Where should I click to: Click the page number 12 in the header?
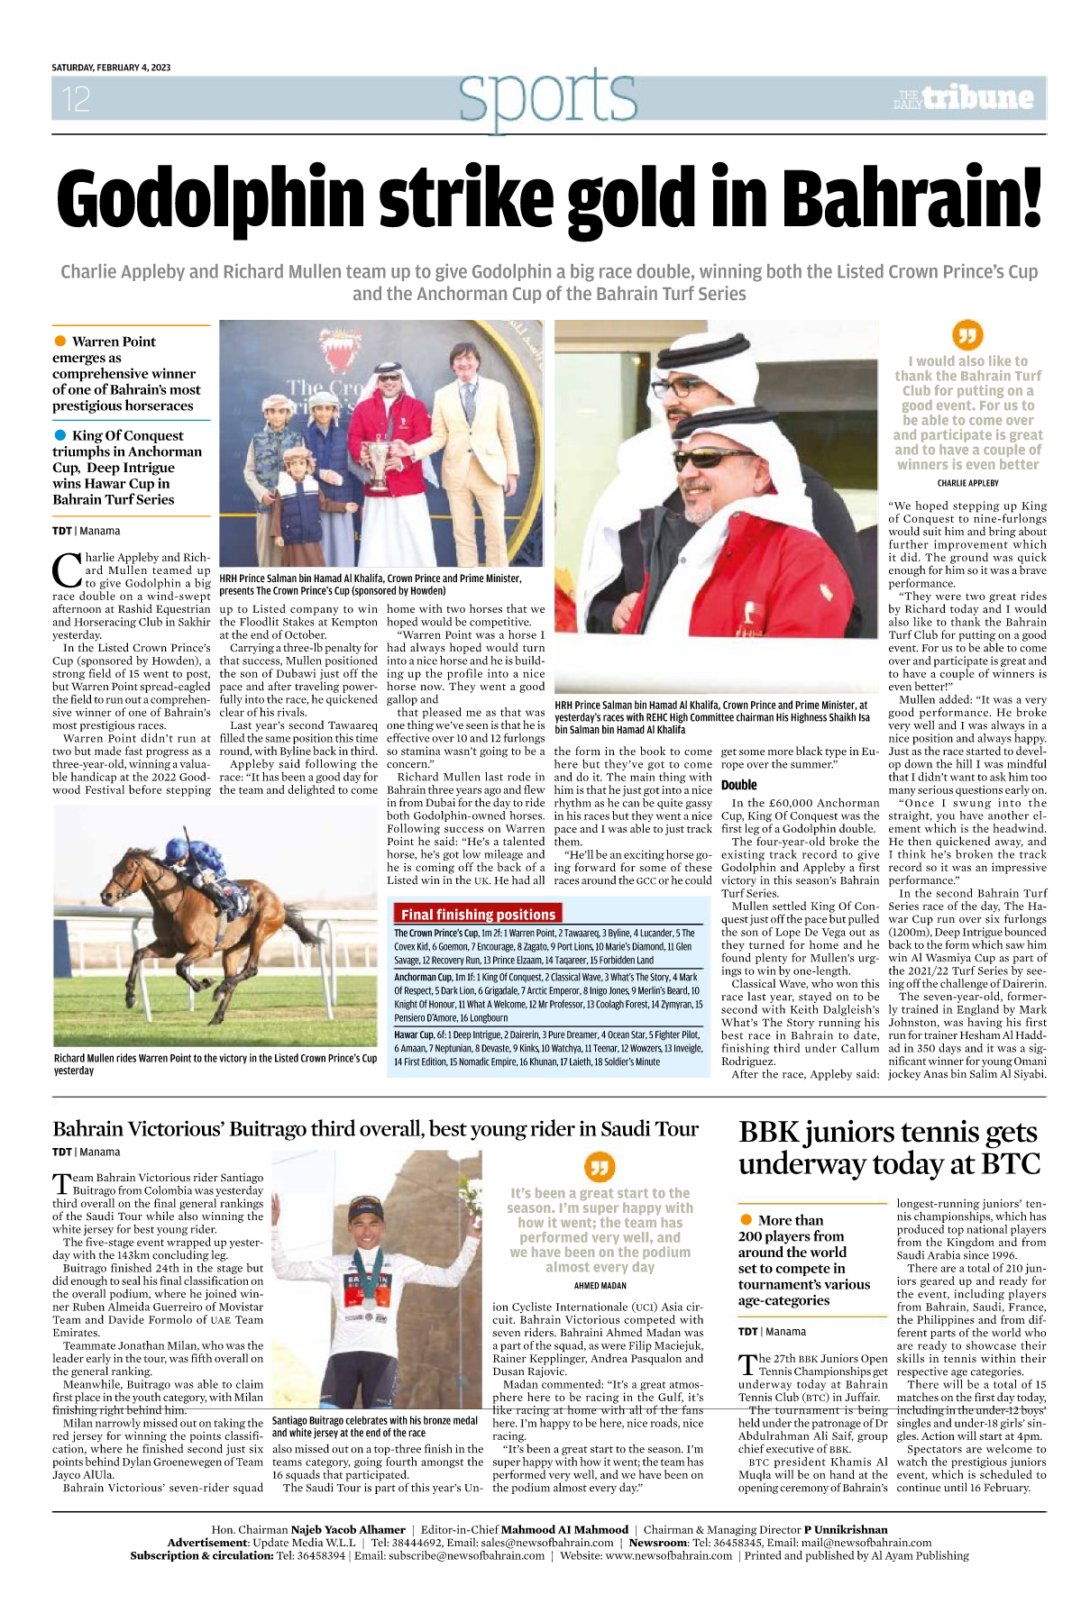pyautogui.click(x=77, y=99)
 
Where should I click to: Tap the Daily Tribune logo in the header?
pyautogui.click(x=964, y=98)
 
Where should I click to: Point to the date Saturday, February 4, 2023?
pyautogui.click(x=111, y=68)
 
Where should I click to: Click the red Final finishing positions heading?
pyautogui.click(x=478, y=914)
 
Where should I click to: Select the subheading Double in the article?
pyautogui.click(x=738, y=785)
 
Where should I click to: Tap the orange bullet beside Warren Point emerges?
pyautogui.click(x=60, y=341)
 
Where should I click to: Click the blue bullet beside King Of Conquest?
pyautogui.click(x=60, y=435)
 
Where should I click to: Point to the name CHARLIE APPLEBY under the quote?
pyautogui.click(x=967, y=483)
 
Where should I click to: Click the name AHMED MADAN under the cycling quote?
pyautogui.click(x=600, y=1286)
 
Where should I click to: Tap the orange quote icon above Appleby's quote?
pyautogui.click(x=967, y=335)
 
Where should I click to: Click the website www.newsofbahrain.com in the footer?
pyautogui.click(x=668, y=1555)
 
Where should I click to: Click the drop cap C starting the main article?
pyautogui.click(x=68, y=570)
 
